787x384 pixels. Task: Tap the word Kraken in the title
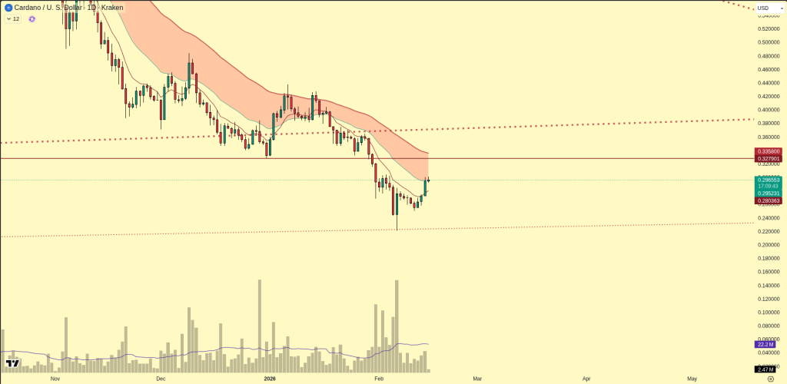(112, 8)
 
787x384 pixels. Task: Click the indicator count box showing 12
(13, 18)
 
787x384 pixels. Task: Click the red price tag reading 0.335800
(768, 151)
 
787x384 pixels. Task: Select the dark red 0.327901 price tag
(768, 159)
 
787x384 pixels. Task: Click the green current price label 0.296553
(768, 180)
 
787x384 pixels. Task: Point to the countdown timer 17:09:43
(768, 187)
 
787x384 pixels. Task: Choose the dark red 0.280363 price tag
(768, 200)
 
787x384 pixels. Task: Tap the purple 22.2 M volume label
(765, 345)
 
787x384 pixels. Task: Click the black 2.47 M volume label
(765, 369)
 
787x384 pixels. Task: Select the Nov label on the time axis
(55, 379)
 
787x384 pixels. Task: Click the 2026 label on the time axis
(270, 379)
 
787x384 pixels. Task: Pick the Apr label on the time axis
(586, 379)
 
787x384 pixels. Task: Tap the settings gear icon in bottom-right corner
(771, 379)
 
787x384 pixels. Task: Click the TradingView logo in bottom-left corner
(12, 363)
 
